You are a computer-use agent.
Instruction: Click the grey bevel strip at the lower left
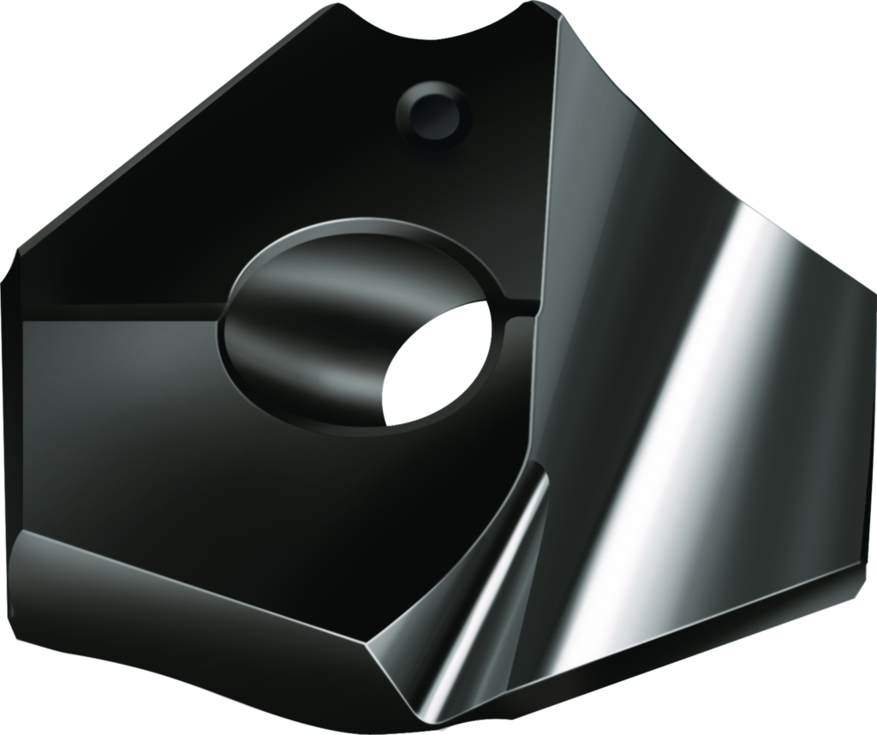(171, 565)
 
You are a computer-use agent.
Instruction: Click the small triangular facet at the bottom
(403, 677)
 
